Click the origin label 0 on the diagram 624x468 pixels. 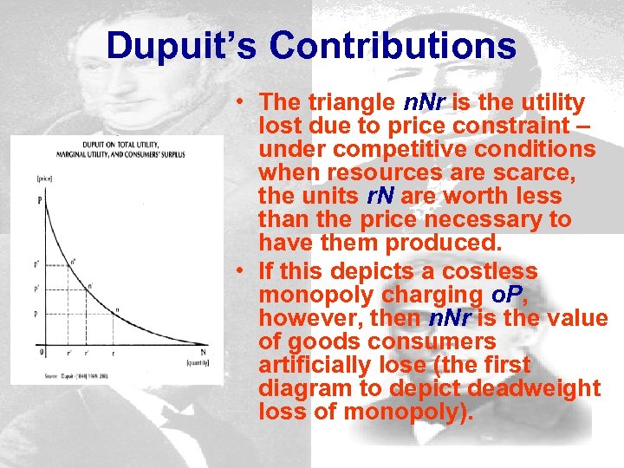tap(41, 351)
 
